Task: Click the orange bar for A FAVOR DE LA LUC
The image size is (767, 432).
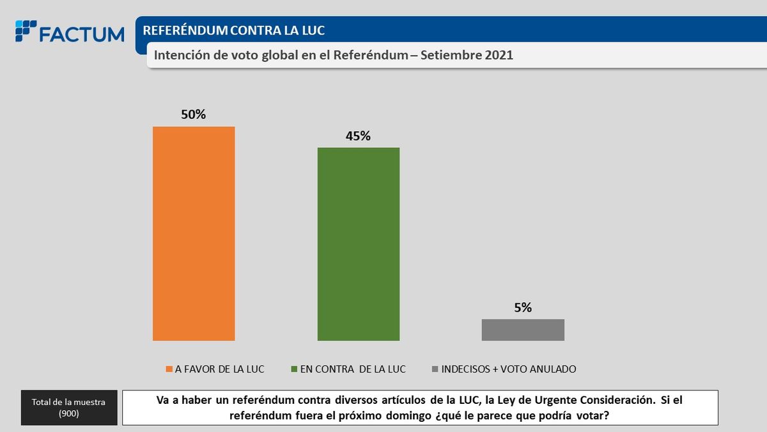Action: coord(194,234)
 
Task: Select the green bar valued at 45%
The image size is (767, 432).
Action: coord(359,244)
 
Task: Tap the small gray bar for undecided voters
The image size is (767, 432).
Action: coord(523,330)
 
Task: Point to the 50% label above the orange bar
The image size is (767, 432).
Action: coord(194,115)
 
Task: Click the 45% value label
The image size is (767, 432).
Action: coord(359,136)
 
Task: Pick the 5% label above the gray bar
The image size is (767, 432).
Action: coord(523,308)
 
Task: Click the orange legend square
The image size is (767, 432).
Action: coord(169,369)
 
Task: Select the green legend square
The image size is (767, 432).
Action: coord(294,369)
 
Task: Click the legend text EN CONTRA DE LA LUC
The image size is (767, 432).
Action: coord(353,369)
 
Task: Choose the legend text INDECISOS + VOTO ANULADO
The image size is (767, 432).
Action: coord(509,369)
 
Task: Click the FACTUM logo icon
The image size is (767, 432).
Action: coord(26,31)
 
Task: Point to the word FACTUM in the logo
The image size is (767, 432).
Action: coord(81,34)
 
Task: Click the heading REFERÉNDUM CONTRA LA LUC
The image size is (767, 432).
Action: coord(233,31)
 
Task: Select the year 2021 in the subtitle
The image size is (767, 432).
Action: coord(499,56)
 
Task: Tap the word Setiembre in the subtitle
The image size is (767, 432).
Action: coord(451,56)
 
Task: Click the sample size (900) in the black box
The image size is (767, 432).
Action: coord(69,413)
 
